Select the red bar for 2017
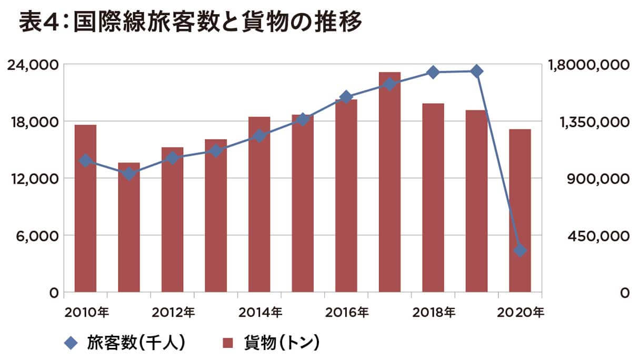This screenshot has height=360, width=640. click(x=389, y=182)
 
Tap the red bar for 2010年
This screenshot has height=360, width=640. click(x=85, y=208)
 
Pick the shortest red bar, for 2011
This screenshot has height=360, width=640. click(x=129, y=227)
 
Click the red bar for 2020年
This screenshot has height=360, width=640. click(x=520, y=211)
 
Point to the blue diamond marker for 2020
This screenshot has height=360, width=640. click(x=520, y=250)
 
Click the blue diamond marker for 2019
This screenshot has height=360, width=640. click(x=477, y=71)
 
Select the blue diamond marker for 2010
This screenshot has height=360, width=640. click(x=85, y=161)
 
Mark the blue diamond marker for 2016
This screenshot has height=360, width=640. click(x=346, y=97)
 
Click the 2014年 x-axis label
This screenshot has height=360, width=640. click(x=260, y=312)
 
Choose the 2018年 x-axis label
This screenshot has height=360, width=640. click(x=434, y=312)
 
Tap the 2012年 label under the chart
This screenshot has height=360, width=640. click(x=173, y=312)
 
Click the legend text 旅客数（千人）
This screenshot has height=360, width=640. click(x=136, y=344)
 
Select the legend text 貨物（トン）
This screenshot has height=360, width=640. click(x=282, y=344)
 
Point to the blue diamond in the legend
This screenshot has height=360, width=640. click(x=71, y=344)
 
